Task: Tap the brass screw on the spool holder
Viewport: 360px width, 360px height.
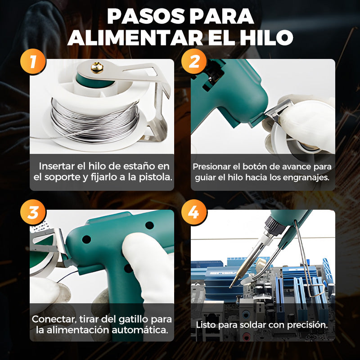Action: [x=96, y=67]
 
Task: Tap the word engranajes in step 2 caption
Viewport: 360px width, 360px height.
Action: [x=307, y=177]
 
